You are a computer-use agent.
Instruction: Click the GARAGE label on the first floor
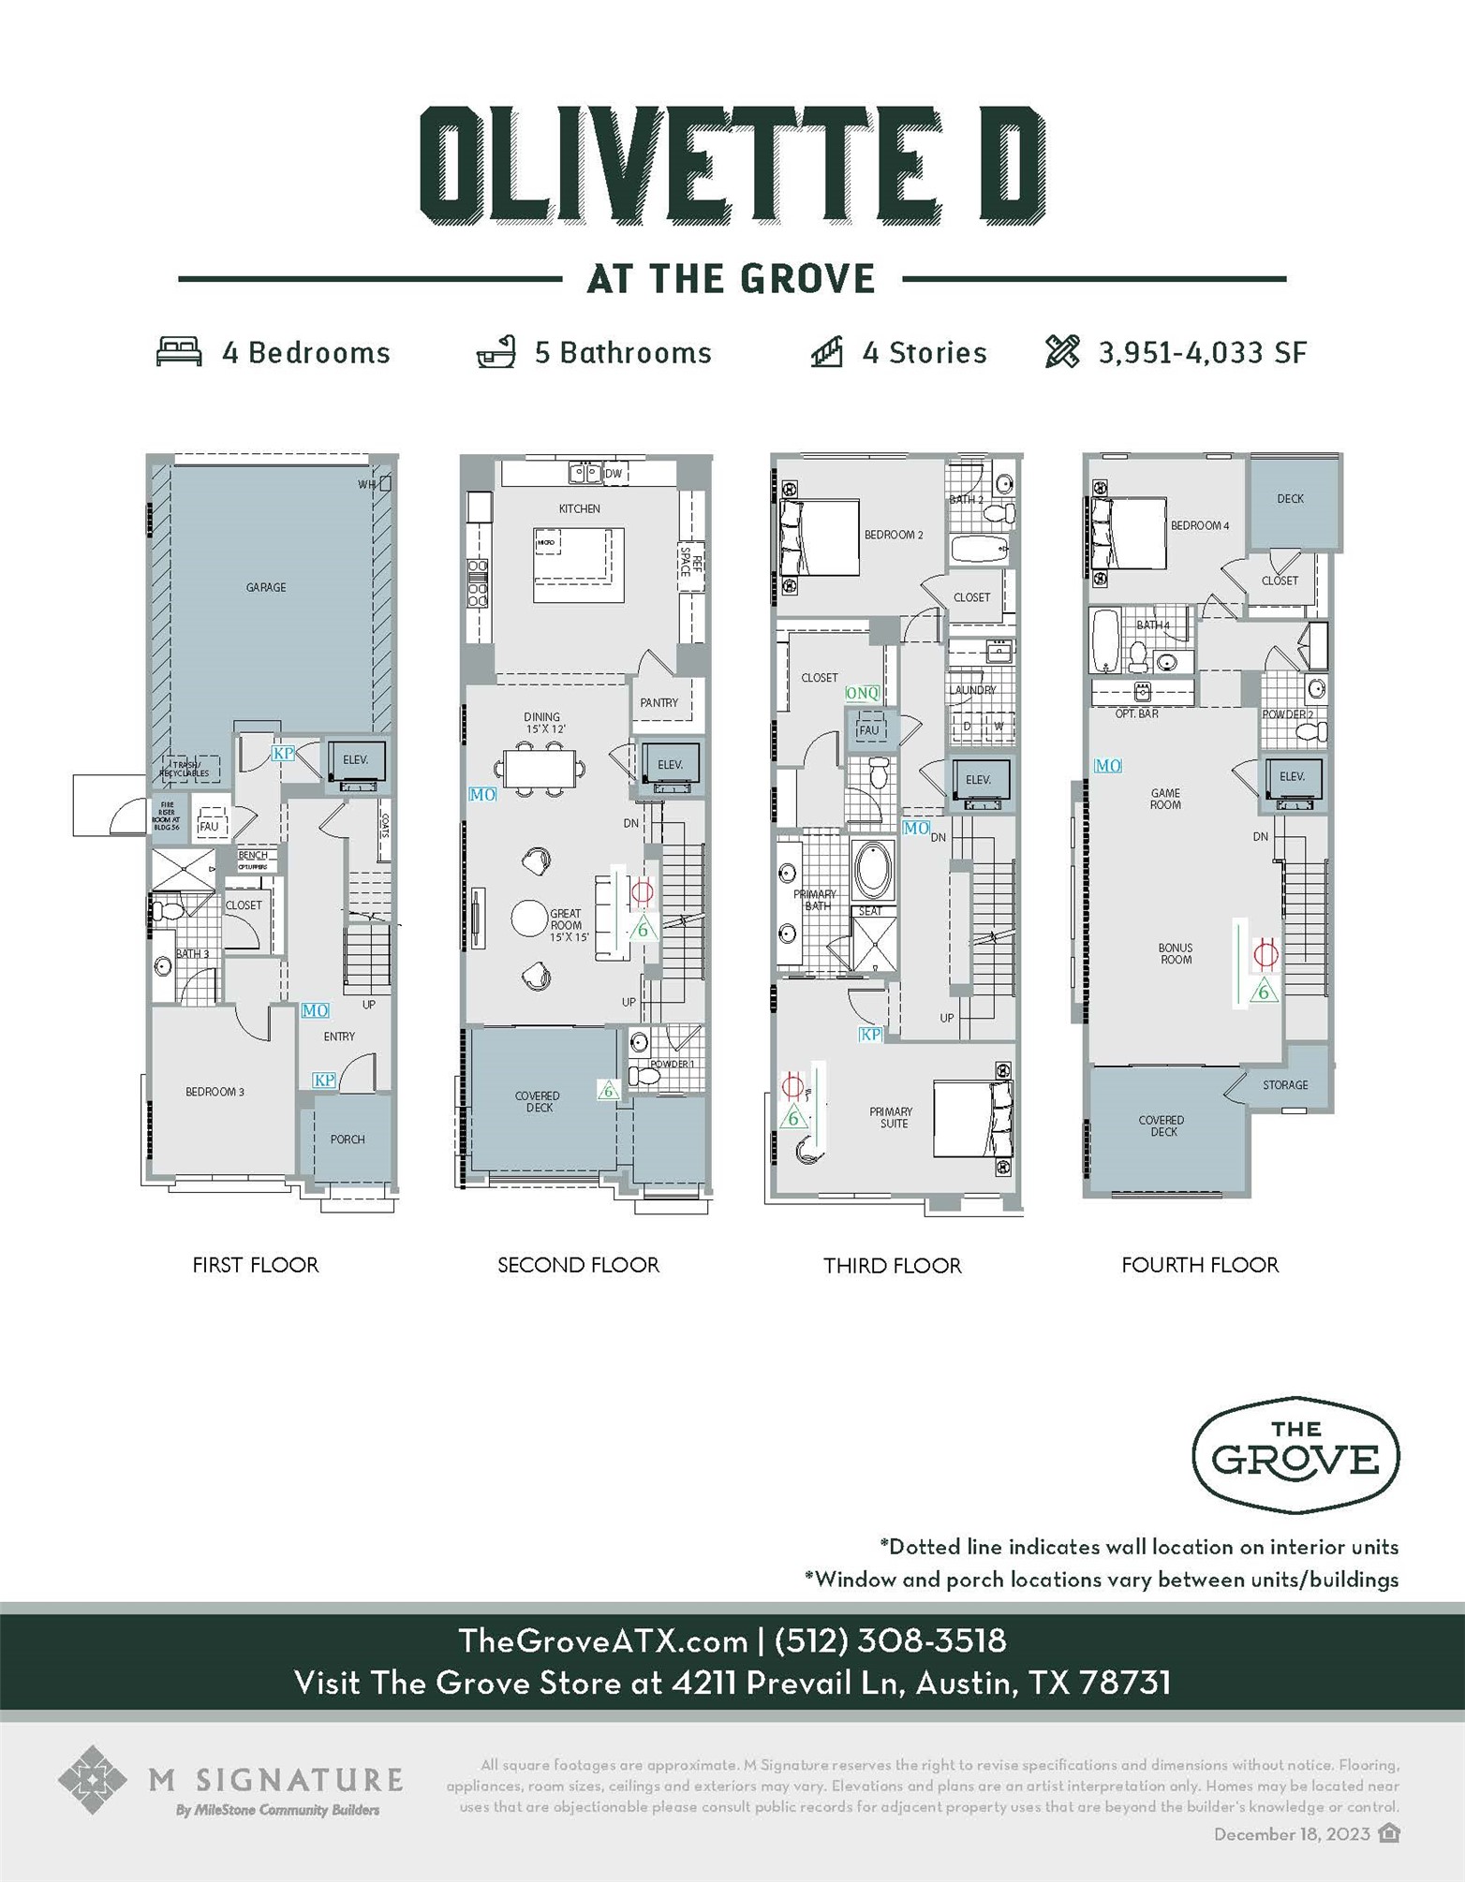coord(266,587)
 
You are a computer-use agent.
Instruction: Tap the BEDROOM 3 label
coord(215,1092)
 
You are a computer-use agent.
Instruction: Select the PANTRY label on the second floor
coord(659,702)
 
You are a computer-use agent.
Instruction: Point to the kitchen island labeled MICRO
coord(578,565)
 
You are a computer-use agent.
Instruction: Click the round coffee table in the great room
coord(529,919)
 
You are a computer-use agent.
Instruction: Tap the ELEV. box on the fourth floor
coord(1292,777)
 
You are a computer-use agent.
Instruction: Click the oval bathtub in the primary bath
coord(873,869)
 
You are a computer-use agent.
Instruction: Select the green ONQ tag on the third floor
coord(862,693)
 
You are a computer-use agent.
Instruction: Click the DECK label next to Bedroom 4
coord(1290,499)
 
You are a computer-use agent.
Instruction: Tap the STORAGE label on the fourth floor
coord(1284,1085)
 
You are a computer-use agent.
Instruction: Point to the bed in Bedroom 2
coord(820,537)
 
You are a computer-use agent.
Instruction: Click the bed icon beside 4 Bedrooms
coord(179,352)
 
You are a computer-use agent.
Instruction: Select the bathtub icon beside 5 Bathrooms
coord(496,352)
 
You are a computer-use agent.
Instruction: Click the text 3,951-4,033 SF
coord(1202,353)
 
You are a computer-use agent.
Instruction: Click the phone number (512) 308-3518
coord(890,1640)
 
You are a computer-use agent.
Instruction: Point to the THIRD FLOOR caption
coord(892,1266)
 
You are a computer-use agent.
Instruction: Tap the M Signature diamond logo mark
coord(92,1778)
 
